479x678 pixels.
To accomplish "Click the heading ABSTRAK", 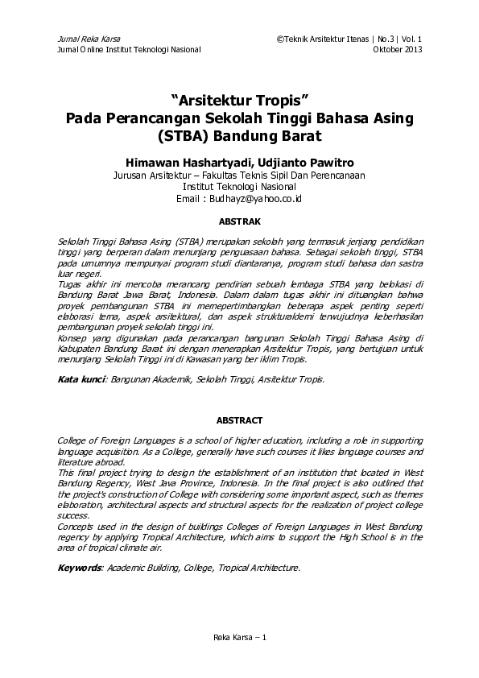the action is point(239,219).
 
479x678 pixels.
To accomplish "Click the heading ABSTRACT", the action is point(239,420).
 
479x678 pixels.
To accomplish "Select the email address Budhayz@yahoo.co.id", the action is point(250,198).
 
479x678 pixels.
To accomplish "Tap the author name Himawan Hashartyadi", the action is point(184,159).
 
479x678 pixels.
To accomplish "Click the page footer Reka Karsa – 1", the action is point(239,638).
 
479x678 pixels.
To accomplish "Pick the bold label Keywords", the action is point(81,568).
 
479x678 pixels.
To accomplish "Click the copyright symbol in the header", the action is point(279,39).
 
